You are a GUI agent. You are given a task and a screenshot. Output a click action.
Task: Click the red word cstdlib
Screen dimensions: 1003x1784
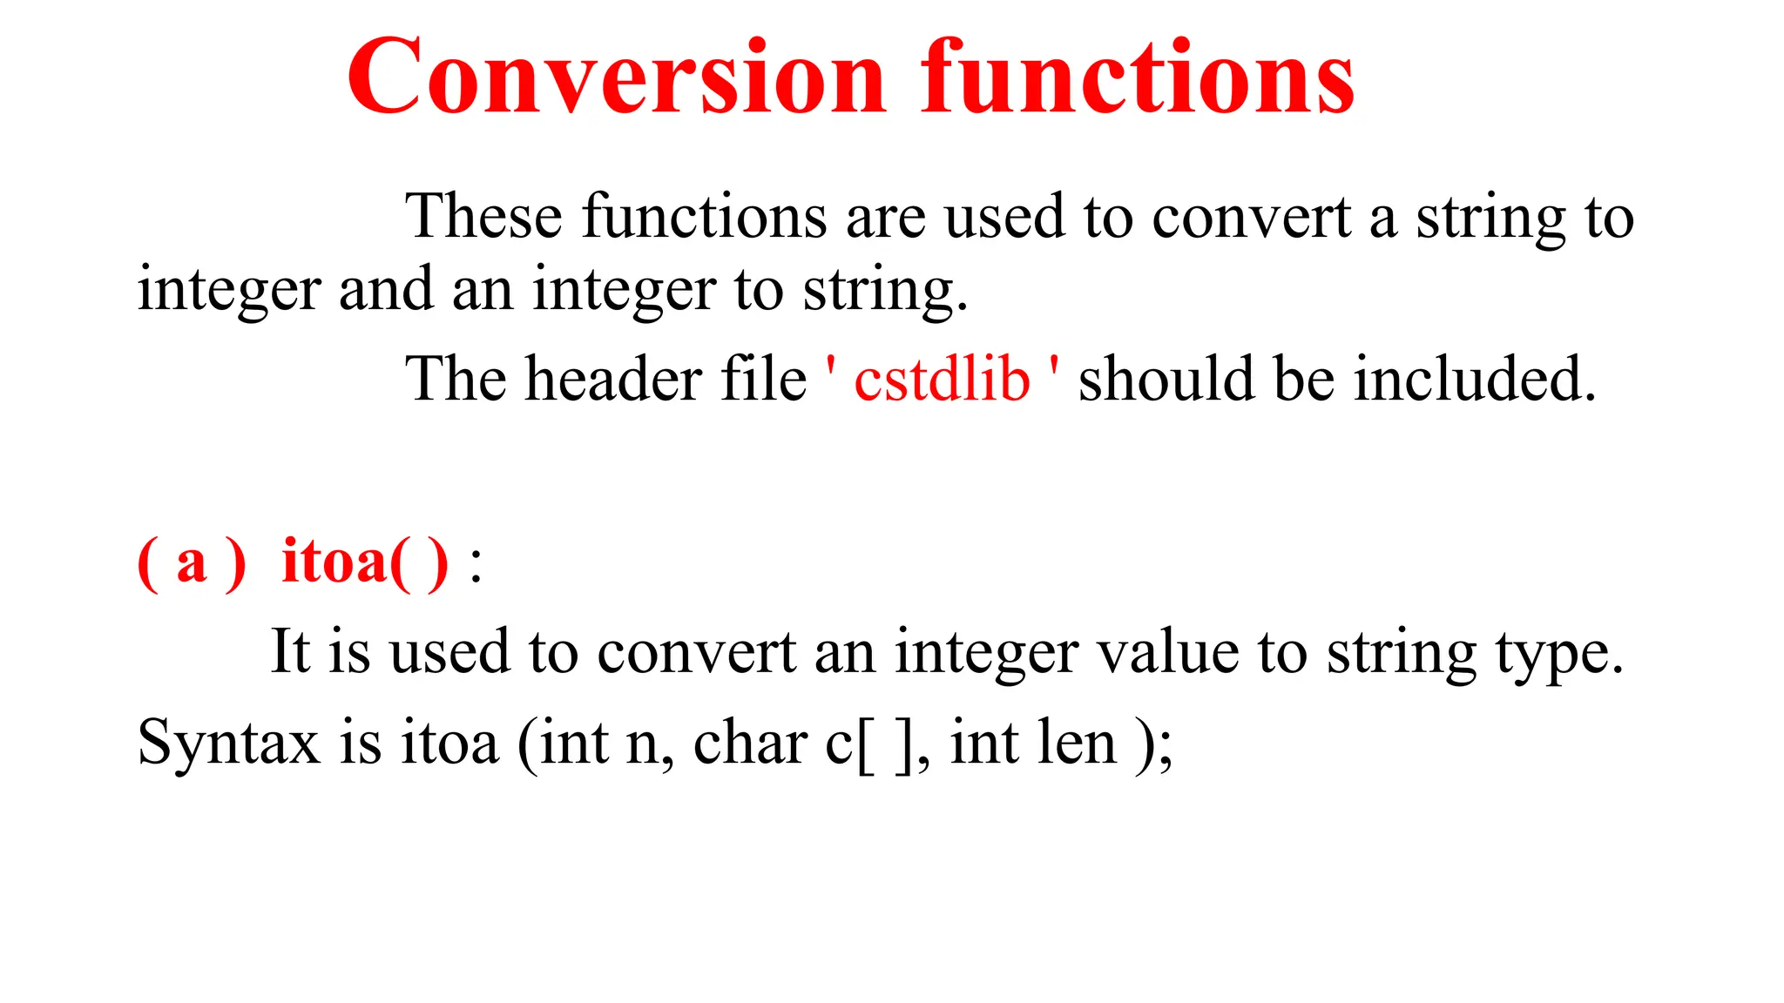pyautogui.click(x=942, y=380)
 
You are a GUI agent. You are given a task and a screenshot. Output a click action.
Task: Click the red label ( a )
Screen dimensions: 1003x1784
pyautogui.click(x=192, y=562)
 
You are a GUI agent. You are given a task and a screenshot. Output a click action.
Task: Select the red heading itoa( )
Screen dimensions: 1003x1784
pyautogui.click(x=365, y=562)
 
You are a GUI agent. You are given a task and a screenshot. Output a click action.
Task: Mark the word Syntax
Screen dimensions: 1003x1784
pyautogui.click(x=229, y=744)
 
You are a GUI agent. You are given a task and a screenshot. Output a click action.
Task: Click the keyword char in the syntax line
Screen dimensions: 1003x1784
pyautogui.click(x=750, y=744)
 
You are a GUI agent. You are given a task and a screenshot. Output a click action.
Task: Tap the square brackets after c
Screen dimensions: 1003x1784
pyautogui.click(x=887, y=745)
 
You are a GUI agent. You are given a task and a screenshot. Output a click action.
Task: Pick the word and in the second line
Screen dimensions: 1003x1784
pyautogui.click(x=385, y=289)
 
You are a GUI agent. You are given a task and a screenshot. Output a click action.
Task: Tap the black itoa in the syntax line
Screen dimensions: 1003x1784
pyautogui.click(x=449, y=744)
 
